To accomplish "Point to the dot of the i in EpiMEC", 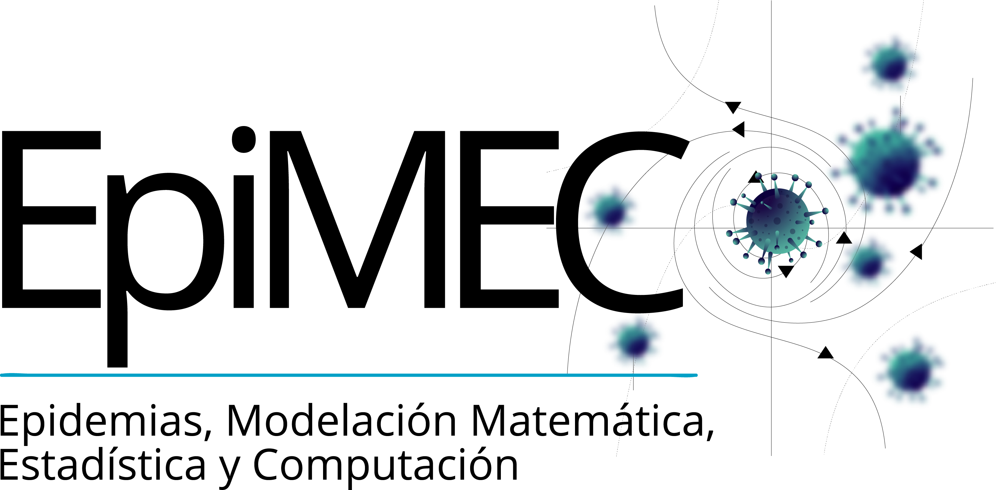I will coord(244,139).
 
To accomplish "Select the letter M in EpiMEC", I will coord(356,219).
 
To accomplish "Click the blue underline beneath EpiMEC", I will coord(348,375).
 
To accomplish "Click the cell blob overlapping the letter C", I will coord(611,211).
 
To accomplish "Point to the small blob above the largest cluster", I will coord(889,64).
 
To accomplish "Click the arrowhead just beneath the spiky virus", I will coord(786,270).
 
